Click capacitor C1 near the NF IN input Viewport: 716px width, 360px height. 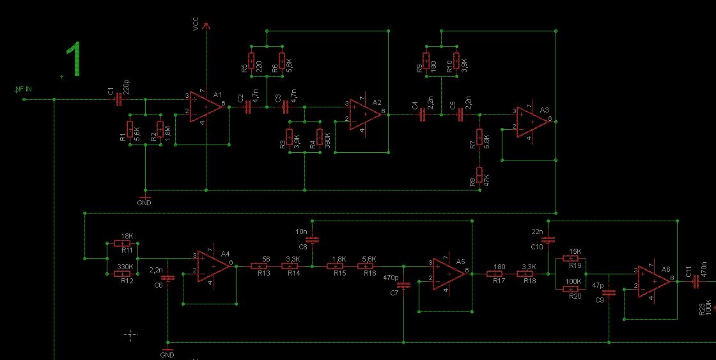118,99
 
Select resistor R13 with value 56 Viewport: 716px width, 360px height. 259,266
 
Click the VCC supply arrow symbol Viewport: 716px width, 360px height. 206,25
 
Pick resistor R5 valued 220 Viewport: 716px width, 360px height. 251,64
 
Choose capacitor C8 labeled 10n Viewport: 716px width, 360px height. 312,240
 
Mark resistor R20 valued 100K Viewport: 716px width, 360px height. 571,289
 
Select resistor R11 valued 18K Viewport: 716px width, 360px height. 122,243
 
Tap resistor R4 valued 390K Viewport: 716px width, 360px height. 319,137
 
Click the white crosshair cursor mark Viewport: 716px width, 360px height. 130,334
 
